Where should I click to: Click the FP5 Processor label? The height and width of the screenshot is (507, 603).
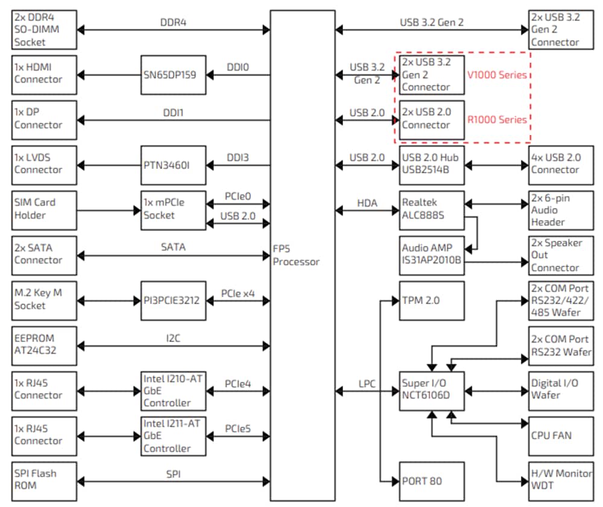point(296,256)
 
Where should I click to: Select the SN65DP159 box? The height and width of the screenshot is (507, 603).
point(173,75)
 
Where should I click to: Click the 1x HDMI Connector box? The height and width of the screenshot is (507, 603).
point(45,75)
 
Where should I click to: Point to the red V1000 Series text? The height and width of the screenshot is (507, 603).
point(497,75)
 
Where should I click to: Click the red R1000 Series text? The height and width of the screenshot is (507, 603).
point(497,119)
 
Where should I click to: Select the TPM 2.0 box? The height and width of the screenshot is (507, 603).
point(432,300)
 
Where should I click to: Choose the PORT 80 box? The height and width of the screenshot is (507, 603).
point(432,481)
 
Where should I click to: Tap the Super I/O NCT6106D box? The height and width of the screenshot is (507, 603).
point(432,390)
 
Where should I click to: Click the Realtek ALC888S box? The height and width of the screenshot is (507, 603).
point(432,210)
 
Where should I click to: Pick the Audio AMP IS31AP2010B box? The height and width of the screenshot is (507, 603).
point(432,254)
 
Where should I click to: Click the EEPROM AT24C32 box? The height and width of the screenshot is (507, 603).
point(45,345)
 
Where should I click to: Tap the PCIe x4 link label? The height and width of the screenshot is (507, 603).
point(238,294)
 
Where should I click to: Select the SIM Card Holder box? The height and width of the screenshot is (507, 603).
point(45,210)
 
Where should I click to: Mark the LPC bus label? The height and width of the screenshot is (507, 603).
point(368,384)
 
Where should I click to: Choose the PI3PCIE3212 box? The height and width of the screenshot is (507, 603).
point(173,300)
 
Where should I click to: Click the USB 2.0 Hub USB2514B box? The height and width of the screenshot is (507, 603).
point(432,165)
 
